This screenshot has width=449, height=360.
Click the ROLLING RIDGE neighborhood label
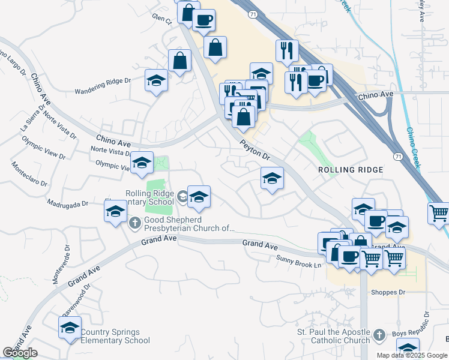[x=351, y=170]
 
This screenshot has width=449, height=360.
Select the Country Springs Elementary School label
[x=115, y=337]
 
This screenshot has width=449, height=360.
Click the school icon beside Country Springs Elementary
[x=70, y=328]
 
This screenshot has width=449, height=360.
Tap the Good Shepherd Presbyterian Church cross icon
[x=134, y=223]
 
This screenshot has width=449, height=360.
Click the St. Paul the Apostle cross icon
[x=378, y=335]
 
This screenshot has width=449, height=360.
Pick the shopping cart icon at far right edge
[x=439, y=212]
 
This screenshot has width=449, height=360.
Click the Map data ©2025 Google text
[x=411, y=355]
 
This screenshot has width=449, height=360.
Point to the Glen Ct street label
[x=162, y=19]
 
